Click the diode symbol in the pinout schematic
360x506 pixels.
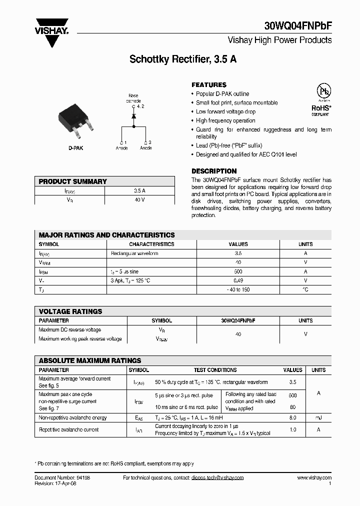click(x=133, y=116)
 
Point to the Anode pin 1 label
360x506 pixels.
click(x=121, y=145)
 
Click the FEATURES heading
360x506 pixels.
click(x=209, y=85)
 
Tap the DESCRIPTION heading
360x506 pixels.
click(x=214, y=171)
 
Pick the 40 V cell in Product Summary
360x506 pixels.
click(x=139, y=200)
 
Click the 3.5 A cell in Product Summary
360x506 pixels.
click(x=139, y=191)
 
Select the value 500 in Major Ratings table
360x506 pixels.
click(x=238, y=271)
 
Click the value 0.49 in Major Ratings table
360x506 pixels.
click(x=238, y=280)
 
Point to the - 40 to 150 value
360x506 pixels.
click(x=238, y=289)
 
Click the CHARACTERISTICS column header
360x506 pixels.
click(x=151, y=244)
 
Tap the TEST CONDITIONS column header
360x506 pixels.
click(x=215, y=370)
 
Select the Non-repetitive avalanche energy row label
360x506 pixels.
click(x=72, y=417)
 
